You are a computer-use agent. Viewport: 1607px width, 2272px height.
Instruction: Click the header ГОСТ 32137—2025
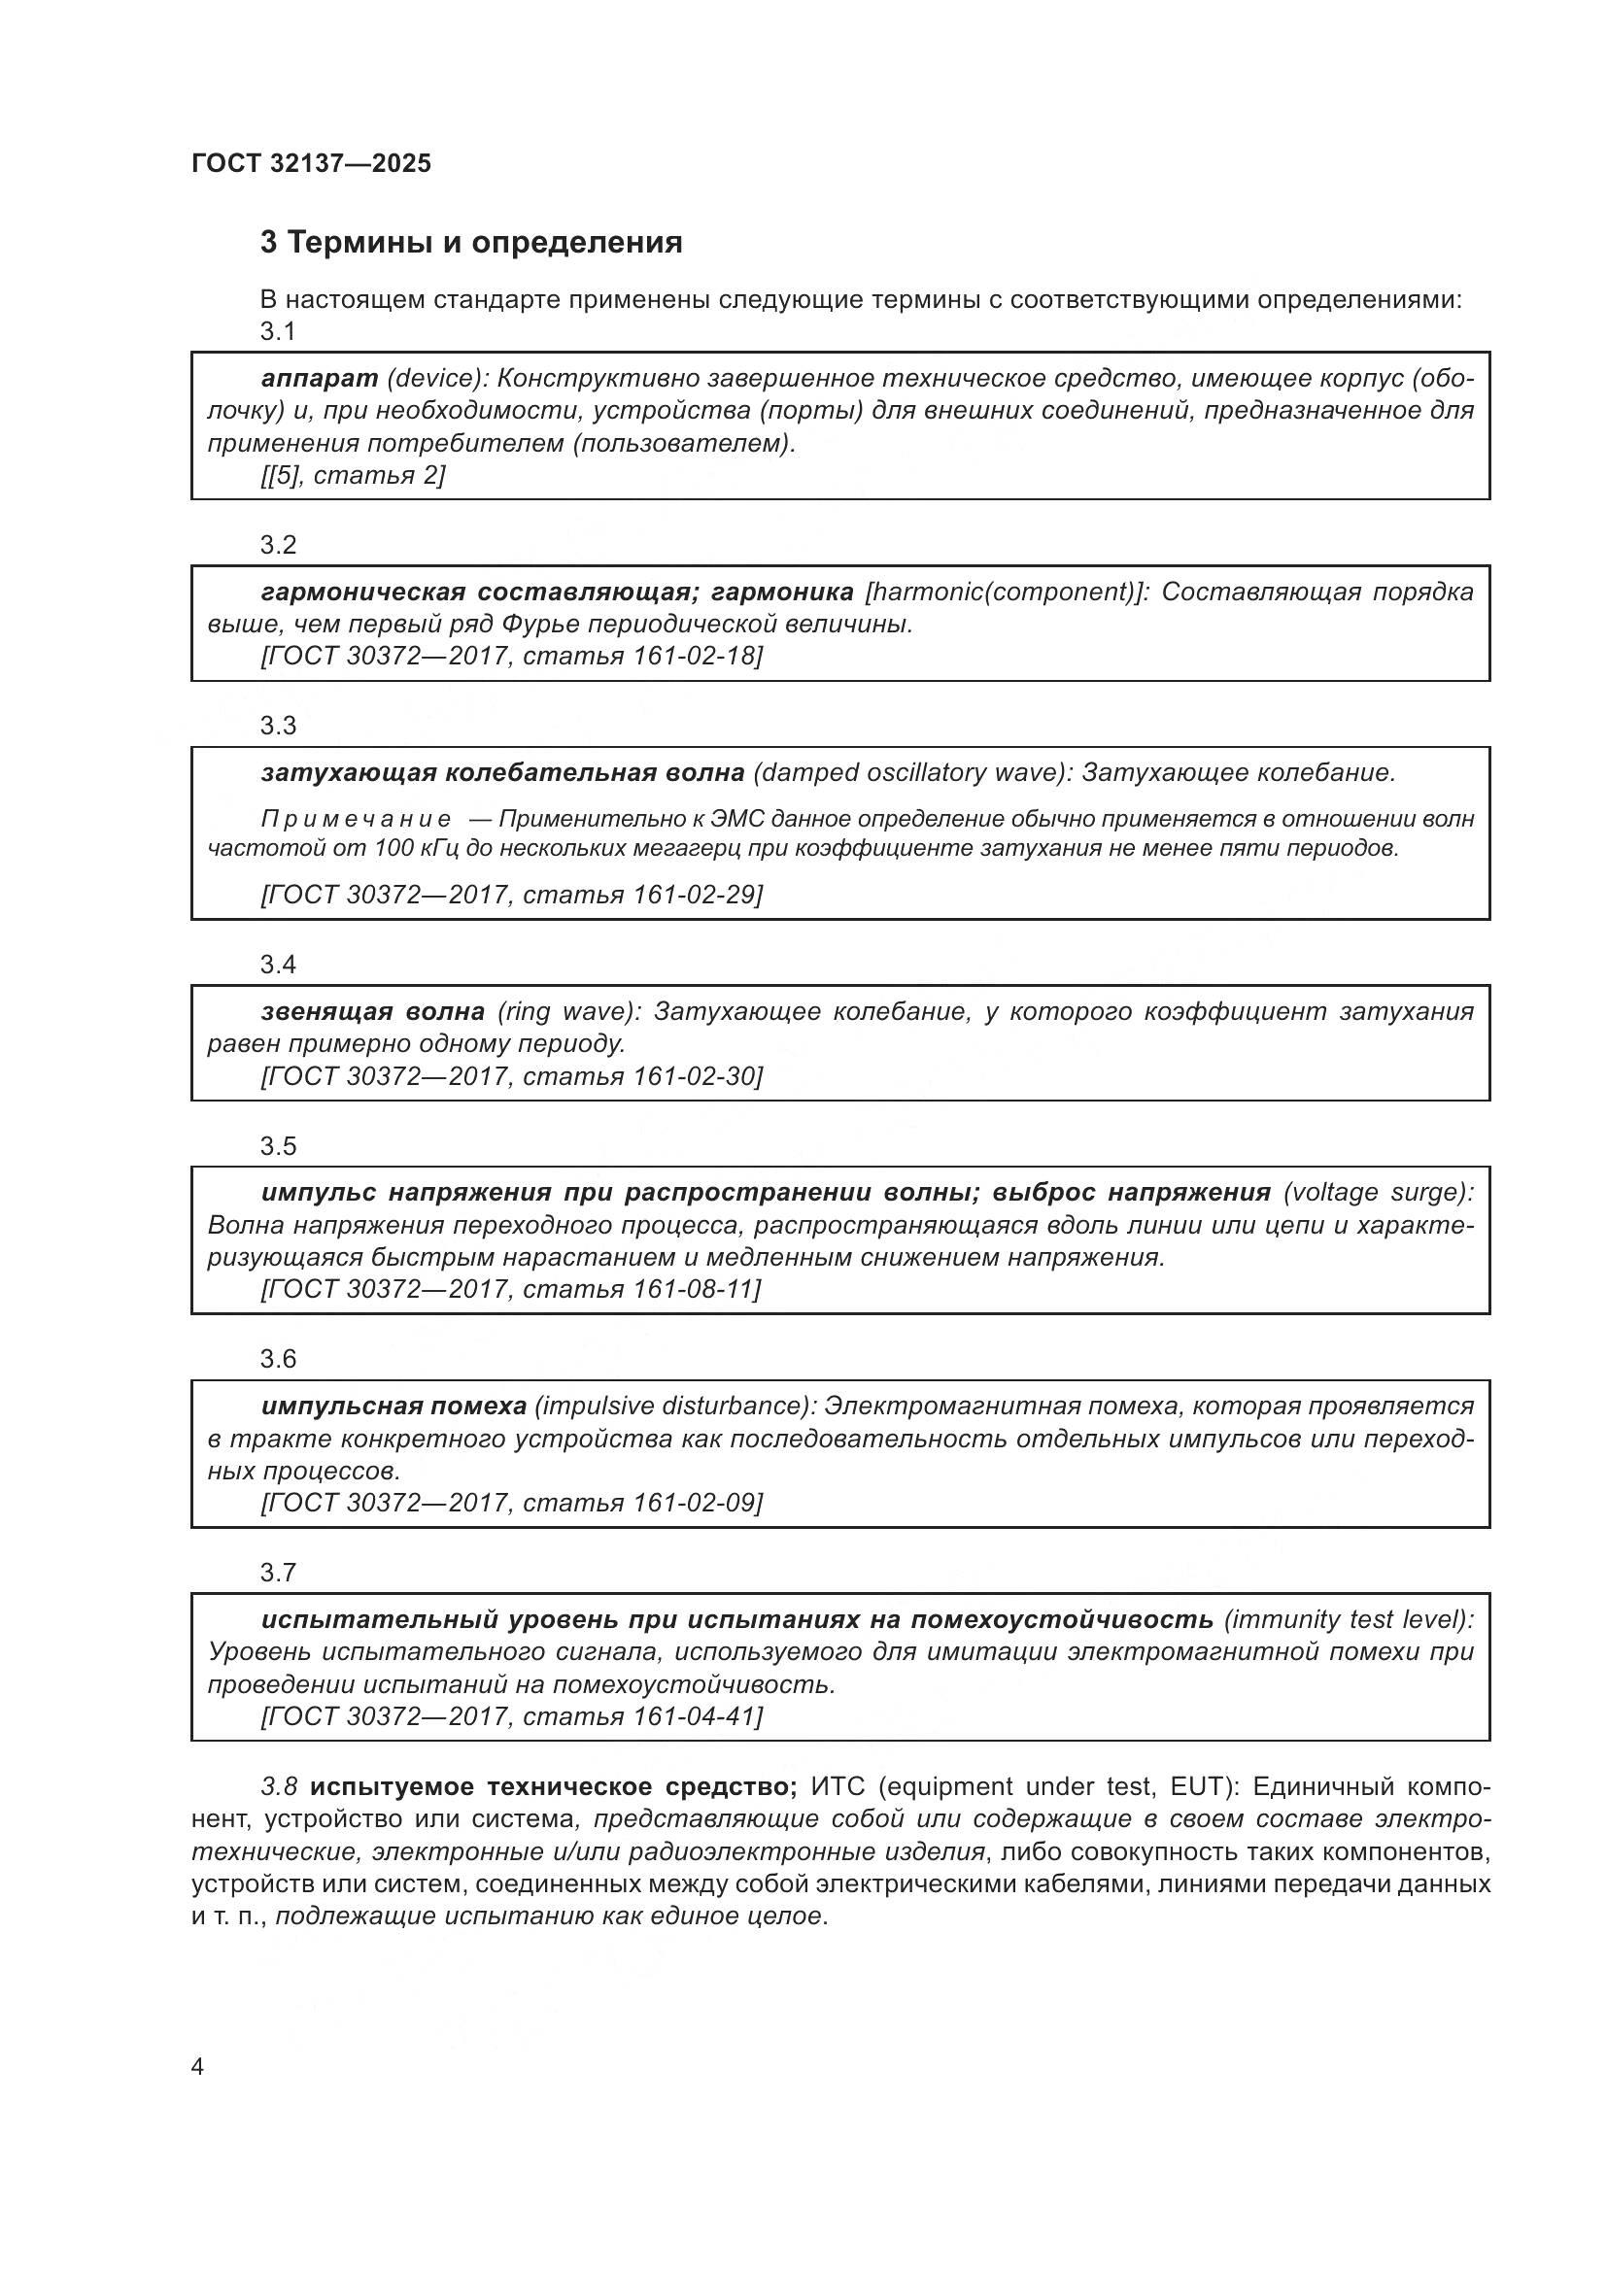312,164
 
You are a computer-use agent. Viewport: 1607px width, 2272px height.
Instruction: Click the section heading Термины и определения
471,243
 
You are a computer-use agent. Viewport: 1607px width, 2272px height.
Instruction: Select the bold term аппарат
320,378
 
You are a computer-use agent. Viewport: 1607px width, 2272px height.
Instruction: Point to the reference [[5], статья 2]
354,475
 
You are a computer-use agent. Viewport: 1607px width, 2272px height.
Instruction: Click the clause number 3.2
278,545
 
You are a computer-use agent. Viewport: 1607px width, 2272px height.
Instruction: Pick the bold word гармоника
782,592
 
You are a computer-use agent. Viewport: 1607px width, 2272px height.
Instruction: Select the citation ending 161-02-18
512,655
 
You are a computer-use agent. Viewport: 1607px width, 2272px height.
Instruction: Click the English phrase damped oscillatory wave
911,772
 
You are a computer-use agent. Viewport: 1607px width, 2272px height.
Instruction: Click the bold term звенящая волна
373,1011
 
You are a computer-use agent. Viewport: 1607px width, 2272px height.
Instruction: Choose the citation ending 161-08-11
511,1288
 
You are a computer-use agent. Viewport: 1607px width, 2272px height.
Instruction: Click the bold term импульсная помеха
393,1406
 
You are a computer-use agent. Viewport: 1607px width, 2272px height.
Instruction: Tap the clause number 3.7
278,1573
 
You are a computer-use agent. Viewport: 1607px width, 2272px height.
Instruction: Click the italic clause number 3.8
278,1786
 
